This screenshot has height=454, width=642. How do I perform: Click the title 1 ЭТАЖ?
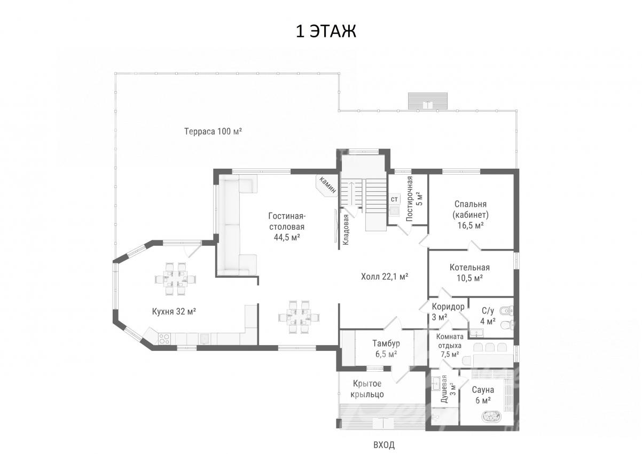[x=326, y=31]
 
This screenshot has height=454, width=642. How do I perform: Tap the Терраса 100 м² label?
[x=213, y=131]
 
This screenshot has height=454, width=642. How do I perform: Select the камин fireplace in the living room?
[x=326, y=186]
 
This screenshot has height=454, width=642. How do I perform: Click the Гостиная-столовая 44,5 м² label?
[x=287, y=226]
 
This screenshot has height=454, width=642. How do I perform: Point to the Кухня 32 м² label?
[x=174, y=311]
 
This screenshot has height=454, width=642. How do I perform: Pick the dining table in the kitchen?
[x=175, y=279]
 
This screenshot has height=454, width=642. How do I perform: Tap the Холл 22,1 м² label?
[x=385, y=277]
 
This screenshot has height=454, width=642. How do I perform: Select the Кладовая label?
[x=346, y=230]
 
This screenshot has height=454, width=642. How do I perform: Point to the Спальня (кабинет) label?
[x=471, y=215]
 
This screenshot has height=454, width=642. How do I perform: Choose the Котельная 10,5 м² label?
[x=469, y=273]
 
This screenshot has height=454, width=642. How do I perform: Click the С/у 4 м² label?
[x=488, y=316]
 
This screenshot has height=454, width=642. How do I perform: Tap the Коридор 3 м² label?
[x=448, y=312]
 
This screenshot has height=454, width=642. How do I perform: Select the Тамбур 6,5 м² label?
[x=386, y=349]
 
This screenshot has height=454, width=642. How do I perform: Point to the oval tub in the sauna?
[x=492, y=417]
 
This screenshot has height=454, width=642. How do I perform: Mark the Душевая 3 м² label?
[x=448, y=389]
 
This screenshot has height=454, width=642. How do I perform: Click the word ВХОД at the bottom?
[x=384, y=445]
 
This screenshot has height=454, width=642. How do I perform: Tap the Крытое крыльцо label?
[x=367, y=389]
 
